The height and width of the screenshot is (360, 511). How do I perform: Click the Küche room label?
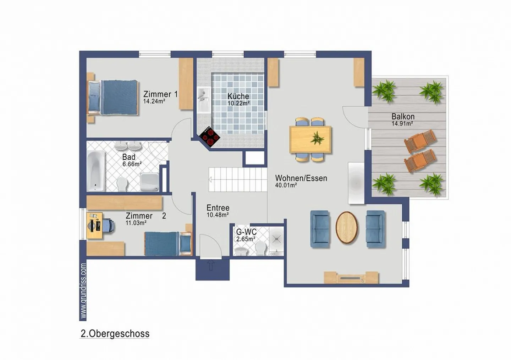pyautogui.click(x=238, y=96)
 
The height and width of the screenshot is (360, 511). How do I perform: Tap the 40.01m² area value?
pyautogui.click(x=286, y=185)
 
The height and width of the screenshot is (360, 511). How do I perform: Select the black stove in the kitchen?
pyautogui.click(x=210, y=137)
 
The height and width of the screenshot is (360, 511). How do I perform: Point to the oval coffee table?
pyautogui.click(x=347, y=228)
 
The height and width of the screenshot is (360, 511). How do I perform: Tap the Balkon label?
pyautogui.click(x=403, y=116)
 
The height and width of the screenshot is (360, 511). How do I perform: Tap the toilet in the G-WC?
pyautogui.click(x=261, y=248)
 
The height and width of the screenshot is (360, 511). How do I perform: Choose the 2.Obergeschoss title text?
pyautogui.click(x=115, y=334)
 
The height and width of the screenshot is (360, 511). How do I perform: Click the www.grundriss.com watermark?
pyautogui.click(x=83, y=290)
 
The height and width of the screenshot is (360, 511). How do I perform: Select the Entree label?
pyautogui.click(x=218, y=208)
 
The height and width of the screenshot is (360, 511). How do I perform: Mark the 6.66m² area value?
pyautogui.click(x=132, y=164)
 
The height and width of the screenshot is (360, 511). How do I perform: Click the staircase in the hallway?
pyautogui.click(x=237, y=179)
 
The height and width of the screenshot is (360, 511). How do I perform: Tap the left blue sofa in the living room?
pyautogui.click(x=320, y=229)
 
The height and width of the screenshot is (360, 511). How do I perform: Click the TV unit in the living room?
pyautogui.click(x=351, y=278)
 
